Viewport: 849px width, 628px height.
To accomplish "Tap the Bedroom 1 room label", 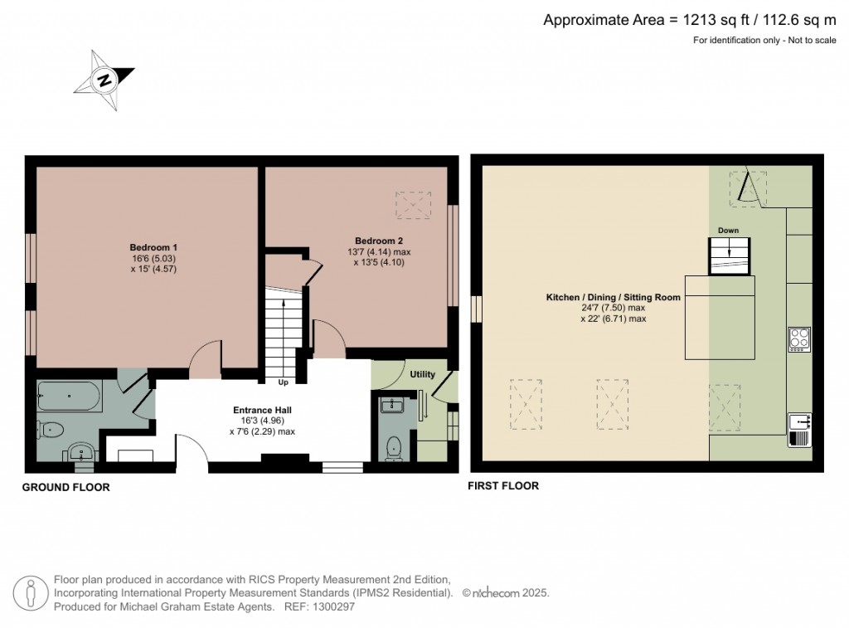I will point(153,247).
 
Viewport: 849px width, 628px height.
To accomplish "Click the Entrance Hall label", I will point(261,410).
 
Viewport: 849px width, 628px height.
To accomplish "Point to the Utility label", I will point(422,374).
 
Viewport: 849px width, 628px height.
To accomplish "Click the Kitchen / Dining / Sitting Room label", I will point(613,297).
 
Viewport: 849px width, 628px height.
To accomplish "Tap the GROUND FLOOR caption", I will point(65,488).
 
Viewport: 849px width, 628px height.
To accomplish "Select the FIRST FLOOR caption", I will point(504,486).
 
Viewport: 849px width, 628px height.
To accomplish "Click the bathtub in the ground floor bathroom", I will point(70,397).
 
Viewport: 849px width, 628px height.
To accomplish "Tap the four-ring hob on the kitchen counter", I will point(799,339).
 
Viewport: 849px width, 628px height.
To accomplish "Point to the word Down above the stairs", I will point(729,231).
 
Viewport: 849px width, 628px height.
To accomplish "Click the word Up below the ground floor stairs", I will point(283,382).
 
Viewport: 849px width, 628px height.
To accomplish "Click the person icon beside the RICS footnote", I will point(32,592).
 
